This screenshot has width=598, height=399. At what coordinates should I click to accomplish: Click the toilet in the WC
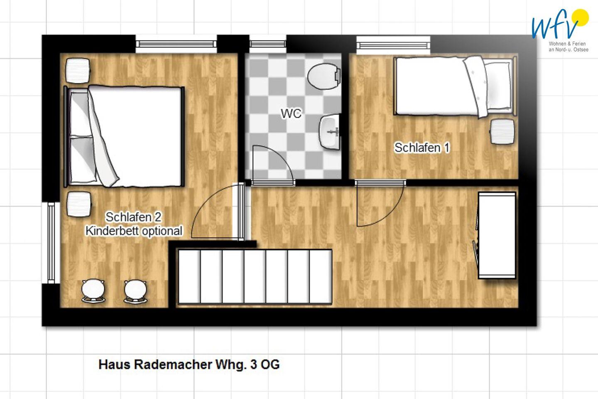pos(324,76)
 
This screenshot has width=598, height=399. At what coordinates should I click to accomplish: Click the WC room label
pos(291,113)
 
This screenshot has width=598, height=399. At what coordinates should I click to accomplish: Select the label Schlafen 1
pos(422,148)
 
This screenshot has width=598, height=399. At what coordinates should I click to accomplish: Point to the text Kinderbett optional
pos(134,231)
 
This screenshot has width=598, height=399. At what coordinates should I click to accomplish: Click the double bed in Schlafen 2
pos(124,136)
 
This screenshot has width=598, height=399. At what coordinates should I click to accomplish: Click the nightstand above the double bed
pos(78,71)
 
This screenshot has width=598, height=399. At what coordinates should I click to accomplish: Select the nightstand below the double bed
pos(79,204)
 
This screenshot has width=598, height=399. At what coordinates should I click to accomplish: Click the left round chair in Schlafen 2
pos(93,291)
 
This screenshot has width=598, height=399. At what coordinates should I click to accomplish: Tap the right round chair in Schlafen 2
pos(135,291)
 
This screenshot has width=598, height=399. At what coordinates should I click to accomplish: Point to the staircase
pos(255,277)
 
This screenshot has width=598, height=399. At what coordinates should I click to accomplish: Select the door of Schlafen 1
pos(380,203)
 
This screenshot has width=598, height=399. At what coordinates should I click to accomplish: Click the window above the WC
pos(268,44)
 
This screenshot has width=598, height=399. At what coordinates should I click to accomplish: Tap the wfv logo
pos(560,30)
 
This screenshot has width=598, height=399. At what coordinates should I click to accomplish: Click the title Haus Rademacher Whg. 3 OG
pos(189,364)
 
